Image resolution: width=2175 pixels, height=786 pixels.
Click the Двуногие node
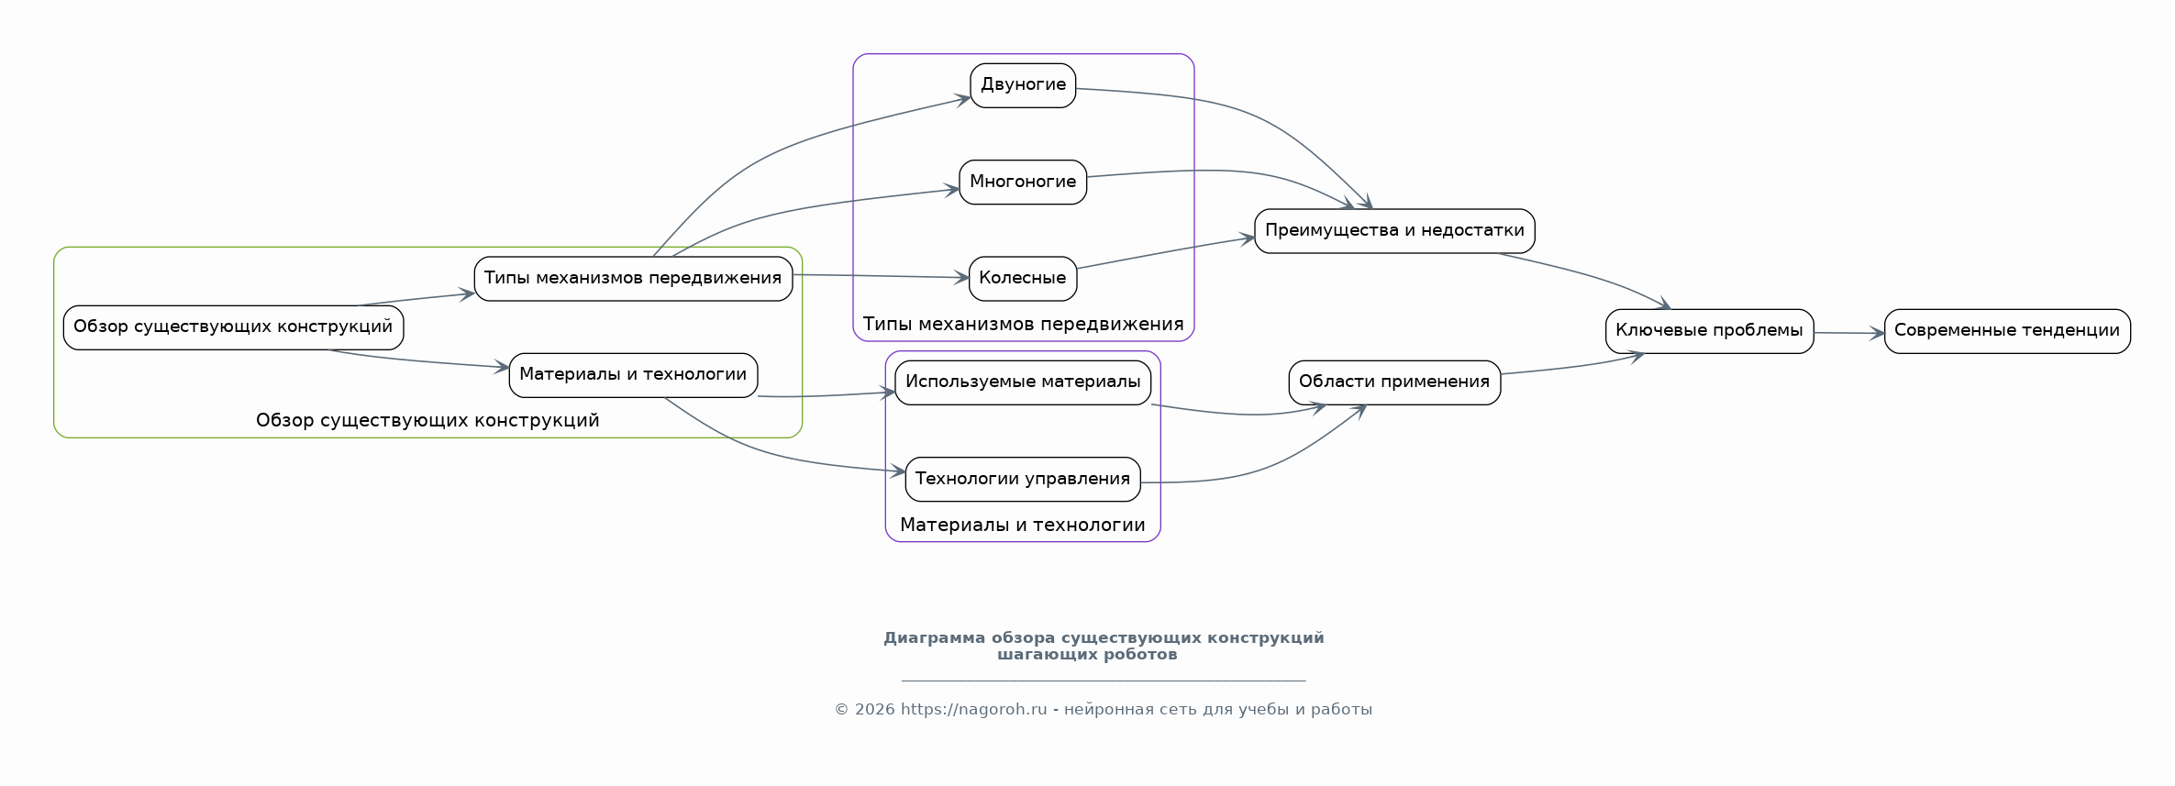click(x=1023, y=85)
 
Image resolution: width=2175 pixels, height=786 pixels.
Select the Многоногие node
click(x=1023, y=182)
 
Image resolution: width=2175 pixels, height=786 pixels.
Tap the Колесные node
click(x=1023, y=278)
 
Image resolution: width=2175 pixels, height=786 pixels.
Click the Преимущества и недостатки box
click(x=1394, y=230)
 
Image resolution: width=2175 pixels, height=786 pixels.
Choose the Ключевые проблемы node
click(x=1709, y=330)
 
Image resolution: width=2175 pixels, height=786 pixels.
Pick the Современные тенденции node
click(x=2007, y=330)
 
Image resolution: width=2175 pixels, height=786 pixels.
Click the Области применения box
click(x=1394, y=382)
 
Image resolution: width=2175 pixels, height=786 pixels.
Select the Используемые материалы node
click(x=1023, y=382)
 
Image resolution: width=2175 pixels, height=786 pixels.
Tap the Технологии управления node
click(x=1023, y=479)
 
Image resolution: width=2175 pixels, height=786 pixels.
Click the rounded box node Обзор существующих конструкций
click(x=233, y=327)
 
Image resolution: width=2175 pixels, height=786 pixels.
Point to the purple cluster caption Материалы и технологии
click(x=1023, y=525)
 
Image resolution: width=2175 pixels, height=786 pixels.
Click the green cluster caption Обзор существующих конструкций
click(x=427, y=420)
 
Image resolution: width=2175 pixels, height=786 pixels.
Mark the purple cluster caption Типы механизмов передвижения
click(x=1023, y=324)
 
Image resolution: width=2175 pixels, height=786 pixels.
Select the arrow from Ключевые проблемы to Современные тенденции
click(x=1848, y=333)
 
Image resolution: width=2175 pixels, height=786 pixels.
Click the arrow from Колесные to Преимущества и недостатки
click(x=1165, y=253)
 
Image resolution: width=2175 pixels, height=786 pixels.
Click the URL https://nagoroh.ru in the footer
click(x=973, y=709)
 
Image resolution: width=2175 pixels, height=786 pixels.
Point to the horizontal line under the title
click(x=1104, y=681)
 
